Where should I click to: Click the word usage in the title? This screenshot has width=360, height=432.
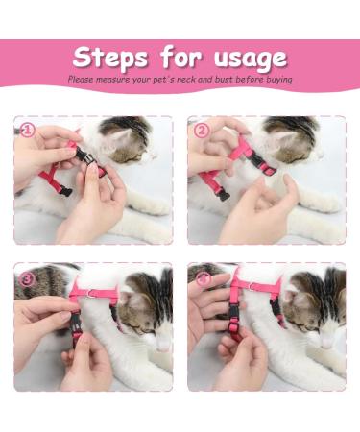pyautogui.click(x=244, y=57)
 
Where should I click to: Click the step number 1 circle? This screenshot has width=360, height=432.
pyautogui.click(x=28, y=131)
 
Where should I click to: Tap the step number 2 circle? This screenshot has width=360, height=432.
pyautogui.click(x=202, y=131)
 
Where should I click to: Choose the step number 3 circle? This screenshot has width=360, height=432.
pyautogui.click(x=28, y=279)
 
